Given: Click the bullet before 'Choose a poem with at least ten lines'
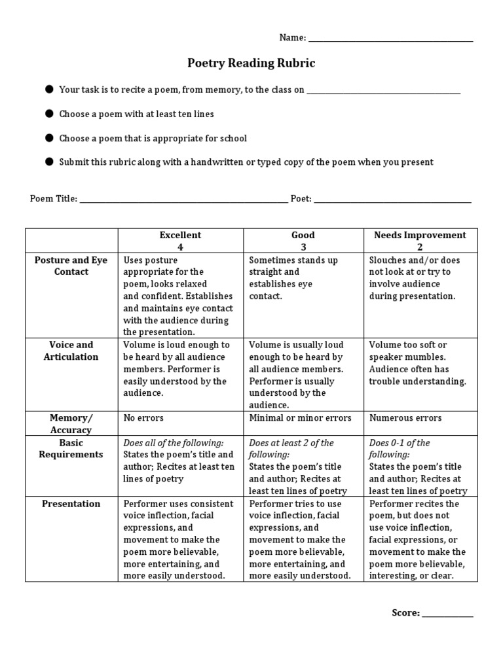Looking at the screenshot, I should (49, 114).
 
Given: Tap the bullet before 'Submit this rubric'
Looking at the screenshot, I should (49, 162).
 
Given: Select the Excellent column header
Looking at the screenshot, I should (180, 241).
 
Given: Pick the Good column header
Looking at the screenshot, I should (303, 241).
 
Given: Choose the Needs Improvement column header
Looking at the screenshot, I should (420, 241).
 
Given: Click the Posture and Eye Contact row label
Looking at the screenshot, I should (71, 266).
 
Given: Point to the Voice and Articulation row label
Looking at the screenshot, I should (71, 351).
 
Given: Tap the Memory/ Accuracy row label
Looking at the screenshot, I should (71, 423).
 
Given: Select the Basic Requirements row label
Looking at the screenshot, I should (71, 448).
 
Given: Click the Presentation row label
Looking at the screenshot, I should (71, 504).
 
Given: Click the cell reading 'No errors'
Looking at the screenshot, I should (143, 417).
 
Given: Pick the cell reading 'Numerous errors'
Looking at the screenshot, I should (405, 417).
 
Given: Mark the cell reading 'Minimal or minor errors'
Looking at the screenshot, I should (300, 417).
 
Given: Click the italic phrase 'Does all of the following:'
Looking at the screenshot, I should (174, 442).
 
